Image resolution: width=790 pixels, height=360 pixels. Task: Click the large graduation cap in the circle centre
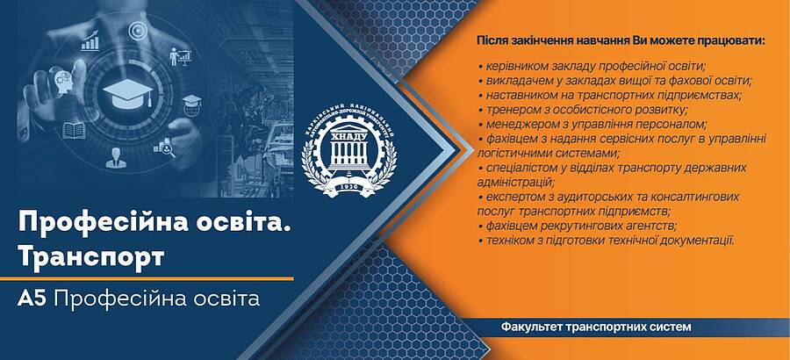pos(127,93)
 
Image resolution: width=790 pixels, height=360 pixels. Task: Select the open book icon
pos(74,130)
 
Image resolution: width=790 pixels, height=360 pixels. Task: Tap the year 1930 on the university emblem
pos(349,186)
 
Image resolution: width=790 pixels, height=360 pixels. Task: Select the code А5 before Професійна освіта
pos(32,299)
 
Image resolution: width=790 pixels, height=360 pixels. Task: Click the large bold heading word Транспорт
pos(91,257)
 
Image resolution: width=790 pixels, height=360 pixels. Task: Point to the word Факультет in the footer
pos(532,327)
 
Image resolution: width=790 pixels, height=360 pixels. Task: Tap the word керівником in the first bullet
pos(513,67)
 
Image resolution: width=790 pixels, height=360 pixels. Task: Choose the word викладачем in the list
pos(513,81)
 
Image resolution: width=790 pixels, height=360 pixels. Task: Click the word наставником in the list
pos(515,95)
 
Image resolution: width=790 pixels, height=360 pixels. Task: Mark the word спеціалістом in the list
pos(518,168)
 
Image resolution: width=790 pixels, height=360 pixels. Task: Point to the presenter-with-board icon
pos(180,56)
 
